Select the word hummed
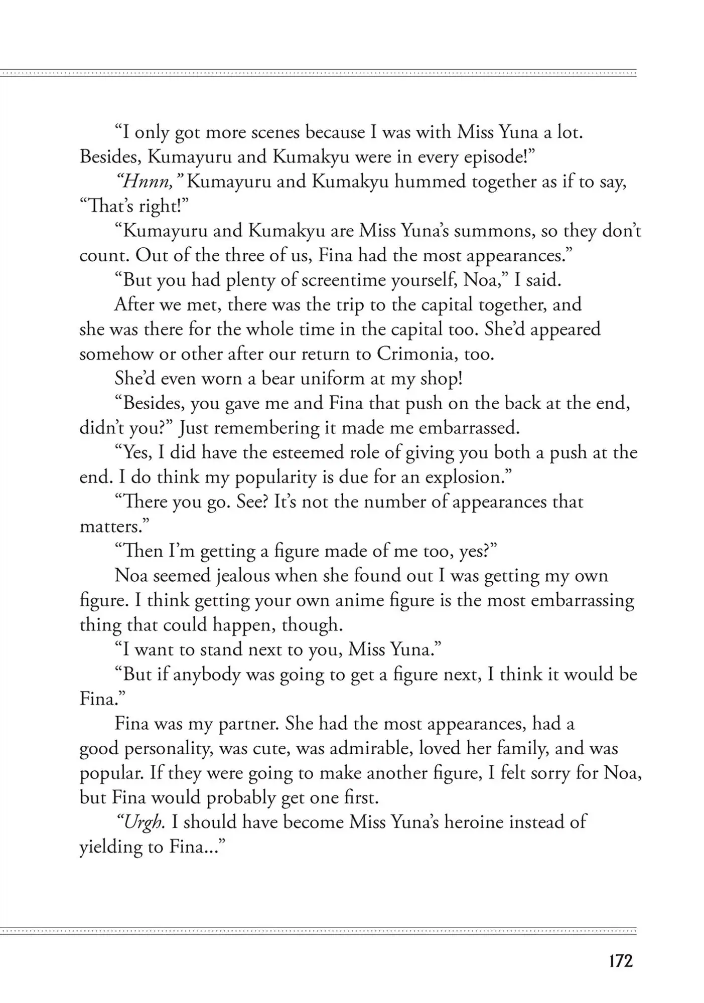click(x=430, y=182)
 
